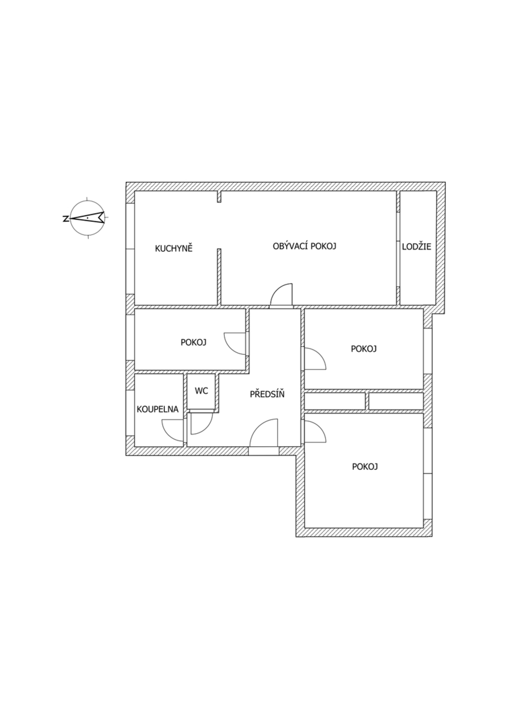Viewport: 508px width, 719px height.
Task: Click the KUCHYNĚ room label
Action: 174,248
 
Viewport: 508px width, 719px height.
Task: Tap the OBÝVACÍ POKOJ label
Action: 304,246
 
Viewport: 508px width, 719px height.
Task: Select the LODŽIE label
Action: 417,247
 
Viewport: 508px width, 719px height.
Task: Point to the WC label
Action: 201,391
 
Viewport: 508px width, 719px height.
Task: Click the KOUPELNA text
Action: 158,409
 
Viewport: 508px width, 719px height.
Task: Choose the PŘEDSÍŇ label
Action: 267,393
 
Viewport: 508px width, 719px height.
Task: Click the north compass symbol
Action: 87,217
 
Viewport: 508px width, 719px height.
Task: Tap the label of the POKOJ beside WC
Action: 193,342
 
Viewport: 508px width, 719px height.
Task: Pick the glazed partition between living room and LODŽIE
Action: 398,250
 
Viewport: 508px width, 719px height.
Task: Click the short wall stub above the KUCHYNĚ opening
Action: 219,196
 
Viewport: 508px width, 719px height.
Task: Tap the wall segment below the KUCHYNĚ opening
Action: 219,277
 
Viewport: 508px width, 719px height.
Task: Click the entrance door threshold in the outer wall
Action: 263,451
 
